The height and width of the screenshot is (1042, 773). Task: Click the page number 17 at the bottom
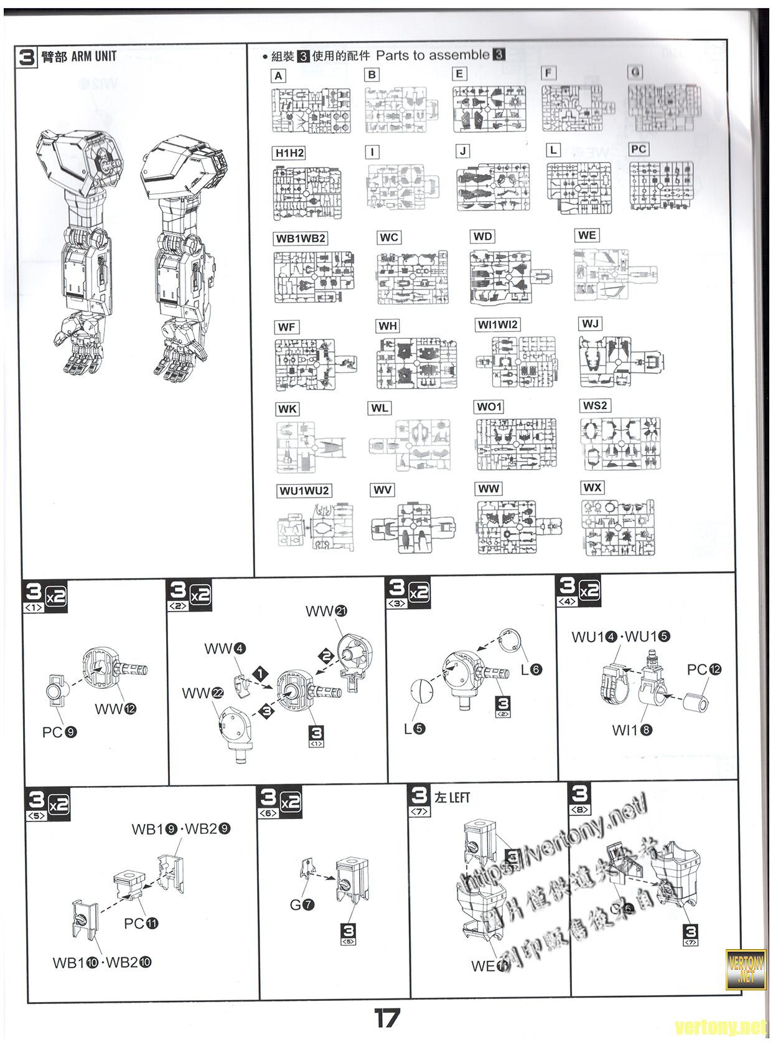coord(386,1019)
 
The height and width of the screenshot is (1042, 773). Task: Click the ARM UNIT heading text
coord(93,57)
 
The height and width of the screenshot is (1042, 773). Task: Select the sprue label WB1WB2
coord(301,239)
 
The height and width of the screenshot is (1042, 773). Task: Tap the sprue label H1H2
coord(289,153)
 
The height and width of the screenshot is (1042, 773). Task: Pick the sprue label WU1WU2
coord(304,491)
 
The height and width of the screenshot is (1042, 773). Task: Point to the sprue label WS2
coord(594,405)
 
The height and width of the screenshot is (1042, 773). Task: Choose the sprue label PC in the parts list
coord(638,149)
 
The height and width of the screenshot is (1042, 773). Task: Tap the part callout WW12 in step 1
coord(115,708)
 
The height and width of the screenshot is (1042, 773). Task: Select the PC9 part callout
coord(59,732)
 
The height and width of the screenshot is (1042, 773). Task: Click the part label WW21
coord(326,611)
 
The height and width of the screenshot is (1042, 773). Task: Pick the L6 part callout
coord(532,670)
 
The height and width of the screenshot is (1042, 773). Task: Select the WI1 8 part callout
coord(632,730)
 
